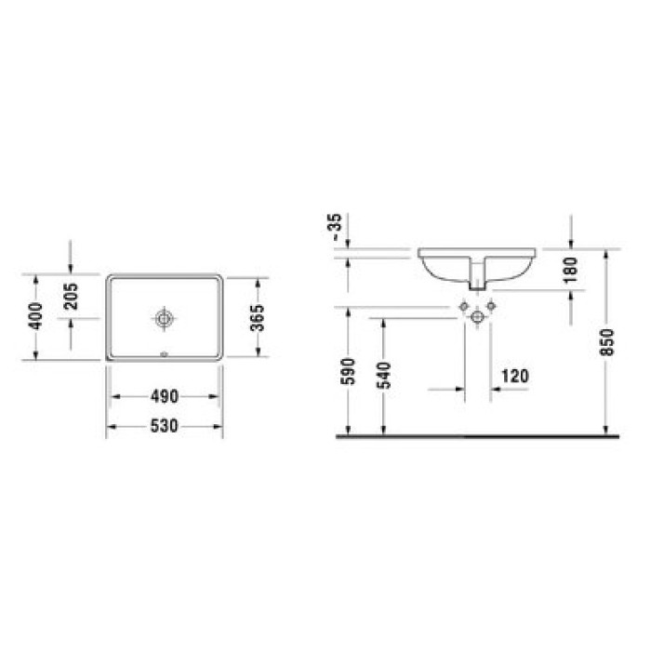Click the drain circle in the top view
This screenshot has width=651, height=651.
pyautogui.click(x=164, y=318)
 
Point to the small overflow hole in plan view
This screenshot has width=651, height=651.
pyautogui.click(x=164, y=353)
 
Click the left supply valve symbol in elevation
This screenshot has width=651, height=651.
pyautogui.click(x=462, y=306)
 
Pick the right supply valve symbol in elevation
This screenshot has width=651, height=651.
pyautogui.click(x=492, y=306)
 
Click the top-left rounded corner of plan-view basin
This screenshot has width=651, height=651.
pyautogui.click(x=111, y=278)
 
